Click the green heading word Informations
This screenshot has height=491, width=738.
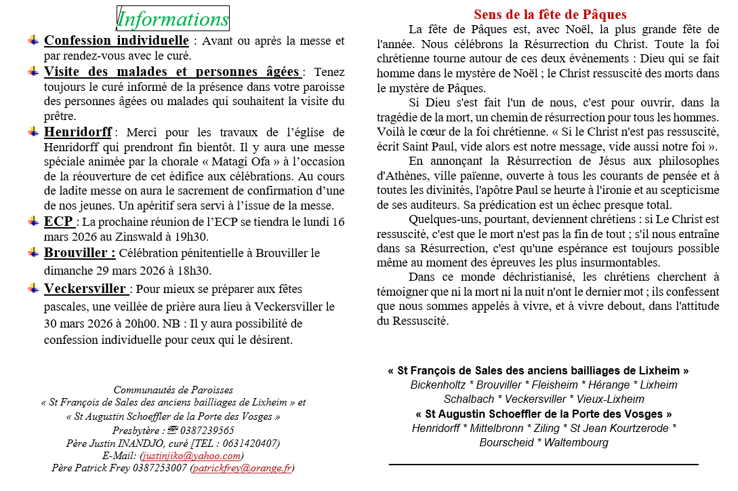tap(173, 19)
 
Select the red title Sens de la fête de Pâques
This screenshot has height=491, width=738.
tap(550, 14)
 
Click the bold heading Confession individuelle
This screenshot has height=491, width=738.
tap(117, 41)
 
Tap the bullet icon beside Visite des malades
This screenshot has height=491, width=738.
tap(33, 71)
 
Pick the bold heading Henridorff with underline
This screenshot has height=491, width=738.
tap(78, 132)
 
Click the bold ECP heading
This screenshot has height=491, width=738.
tap(59, 222)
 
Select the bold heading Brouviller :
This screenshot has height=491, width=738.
tap(80, 253)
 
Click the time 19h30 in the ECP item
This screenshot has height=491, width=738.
tap(192, 237)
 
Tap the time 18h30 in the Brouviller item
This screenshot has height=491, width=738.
tap(194, 271)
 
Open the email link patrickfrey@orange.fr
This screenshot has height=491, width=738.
tap(242, 468)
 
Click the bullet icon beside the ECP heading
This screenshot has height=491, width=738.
tap(33, 221)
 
